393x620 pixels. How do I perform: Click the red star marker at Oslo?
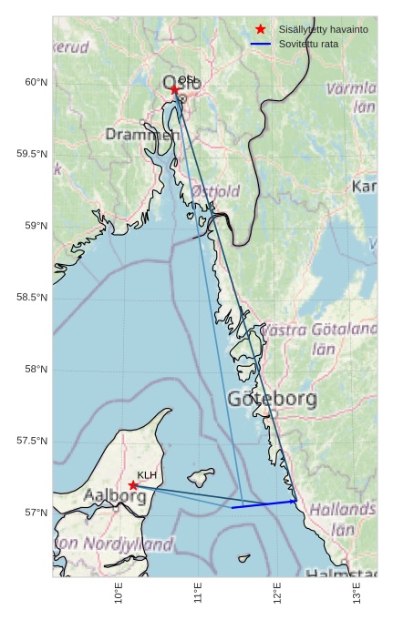[174, 89]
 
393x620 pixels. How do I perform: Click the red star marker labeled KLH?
[134, 485]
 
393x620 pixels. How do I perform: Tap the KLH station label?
[147, 475]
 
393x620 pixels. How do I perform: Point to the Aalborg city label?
[114, 496]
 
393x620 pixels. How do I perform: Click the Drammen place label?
[141, 135]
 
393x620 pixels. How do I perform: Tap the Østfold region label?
[215, 191]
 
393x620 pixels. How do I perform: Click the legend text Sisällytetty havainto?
[324, 30]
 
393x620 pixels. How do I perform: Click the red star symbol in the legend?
[262, 30]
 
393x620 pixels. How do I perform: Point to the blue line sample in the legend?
[262, 44]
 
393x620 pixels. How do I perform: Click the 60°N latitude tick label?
[36, 82]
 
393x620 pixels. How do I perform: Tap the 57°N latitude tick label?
[36, 513]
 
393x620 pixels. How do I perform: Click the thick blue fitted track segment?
[264, 503]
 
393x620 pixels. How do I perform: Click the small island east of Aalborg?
[200, 476]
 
